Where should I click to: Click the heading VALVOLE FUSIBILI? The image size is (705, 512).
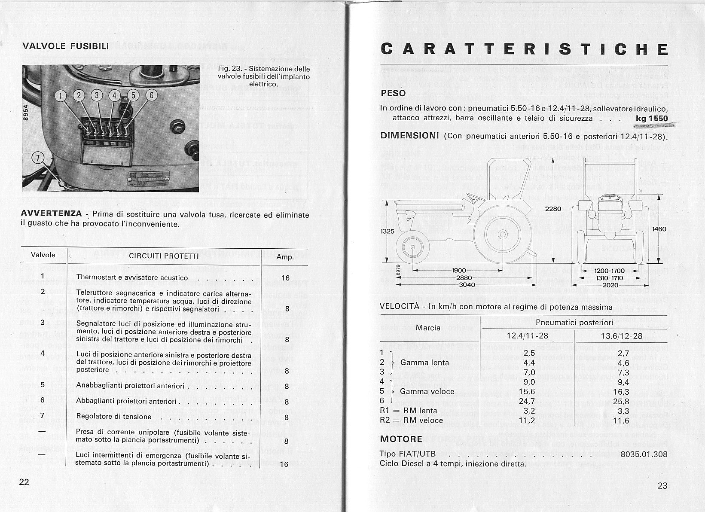pyautogui.click(x=65, y=46)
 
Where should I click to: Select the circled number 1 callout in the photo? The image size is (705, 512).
pyautogui.click(x=61, y=95)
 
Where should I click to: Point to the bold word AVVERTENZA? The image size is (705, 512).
pyautogui.click(x=52, y=214)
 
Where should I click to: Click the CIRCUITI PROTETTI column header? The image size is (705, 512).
pyautogui.click(x=164, y=256)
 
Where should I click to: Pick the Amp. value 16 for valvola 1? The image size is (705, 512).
pyautogui.click(x=285, y=278)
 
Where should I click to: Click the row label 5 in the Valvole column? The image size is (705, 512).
pyautogui.click(x=43, y=384)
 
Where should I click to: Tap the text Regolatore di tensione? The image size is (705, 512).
pyautogui.click(x=114, y=417)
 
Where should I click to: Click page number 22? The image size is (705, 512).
pyautogui.click(x=24, y=482)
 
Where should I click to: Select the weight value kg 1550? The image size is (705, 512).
pyautogui.click(x=652, y=119)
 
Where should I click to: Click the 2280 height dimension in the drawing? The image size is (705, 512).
pyautogui.click(x=553, y=209)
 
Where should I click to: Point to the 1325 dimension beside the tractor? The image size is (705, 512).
pyautogui.click(x=388, y=232)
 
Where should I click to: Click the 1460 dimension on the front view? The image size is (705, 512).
pyautogui.click(x=659, y=229)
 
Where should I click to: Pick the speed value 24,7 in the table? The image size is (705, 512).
pyautogui.click(x=527, y=401)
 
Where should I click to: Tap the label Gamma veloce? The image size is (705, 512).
pyautogui.click(x=427, y=391)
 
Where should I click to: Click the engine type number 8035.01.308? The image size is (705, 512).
pyautogui.click(x=644, y=454)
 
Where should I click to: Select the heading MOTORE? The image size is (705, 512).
pyautogui.click(x=401, y=439)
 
